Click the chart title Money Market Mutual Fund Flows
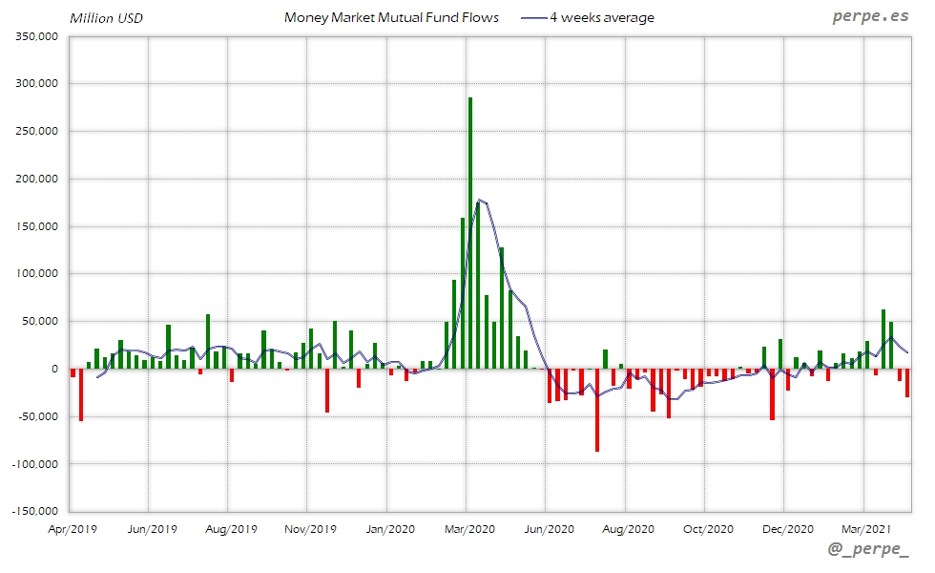391,18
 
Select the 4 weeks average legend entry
602,18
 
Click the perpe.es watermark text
869,17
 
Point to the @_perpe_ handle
869,550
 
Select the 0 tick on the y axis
54,369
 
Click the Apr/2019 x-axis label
73,528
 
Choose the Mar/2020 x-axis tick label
467,528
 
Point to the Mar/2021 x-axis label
865,528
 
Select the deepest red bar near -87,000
597,411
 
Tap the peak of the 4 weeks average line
479,200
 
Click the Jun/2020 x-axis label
549,528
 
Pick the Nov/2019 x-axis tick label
310,528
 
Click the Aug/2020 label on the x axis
628,528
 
